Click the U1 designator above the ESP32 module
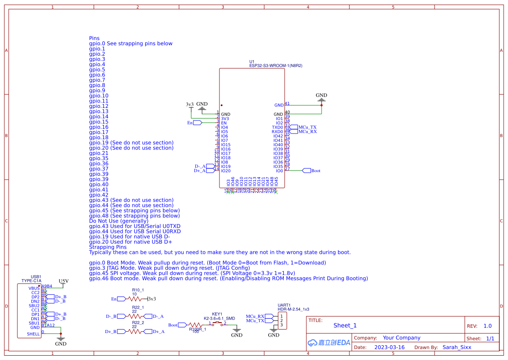(252, 61)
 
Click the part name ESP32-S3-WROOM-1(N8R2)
(276, 66)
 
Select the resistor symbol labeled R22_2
(136, 331)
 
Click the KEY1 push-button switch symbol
(217, 324)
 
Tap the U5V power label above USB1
(63, 281)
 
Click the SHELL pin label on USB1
(33, 334)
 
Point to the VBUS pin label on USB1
(34, 288)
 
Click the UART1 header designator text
(284, 305)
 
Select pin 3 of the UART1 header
(282, 325)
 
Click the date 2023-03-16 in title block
(389, 347)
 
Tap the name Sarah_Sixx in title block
(456, 347)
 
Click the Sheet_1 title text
(345, 325)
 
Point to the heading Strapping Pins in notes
(108, 247)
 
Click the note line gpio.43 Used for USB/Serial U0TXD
(135, 226)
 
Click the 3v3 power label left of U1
(189, 105)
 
